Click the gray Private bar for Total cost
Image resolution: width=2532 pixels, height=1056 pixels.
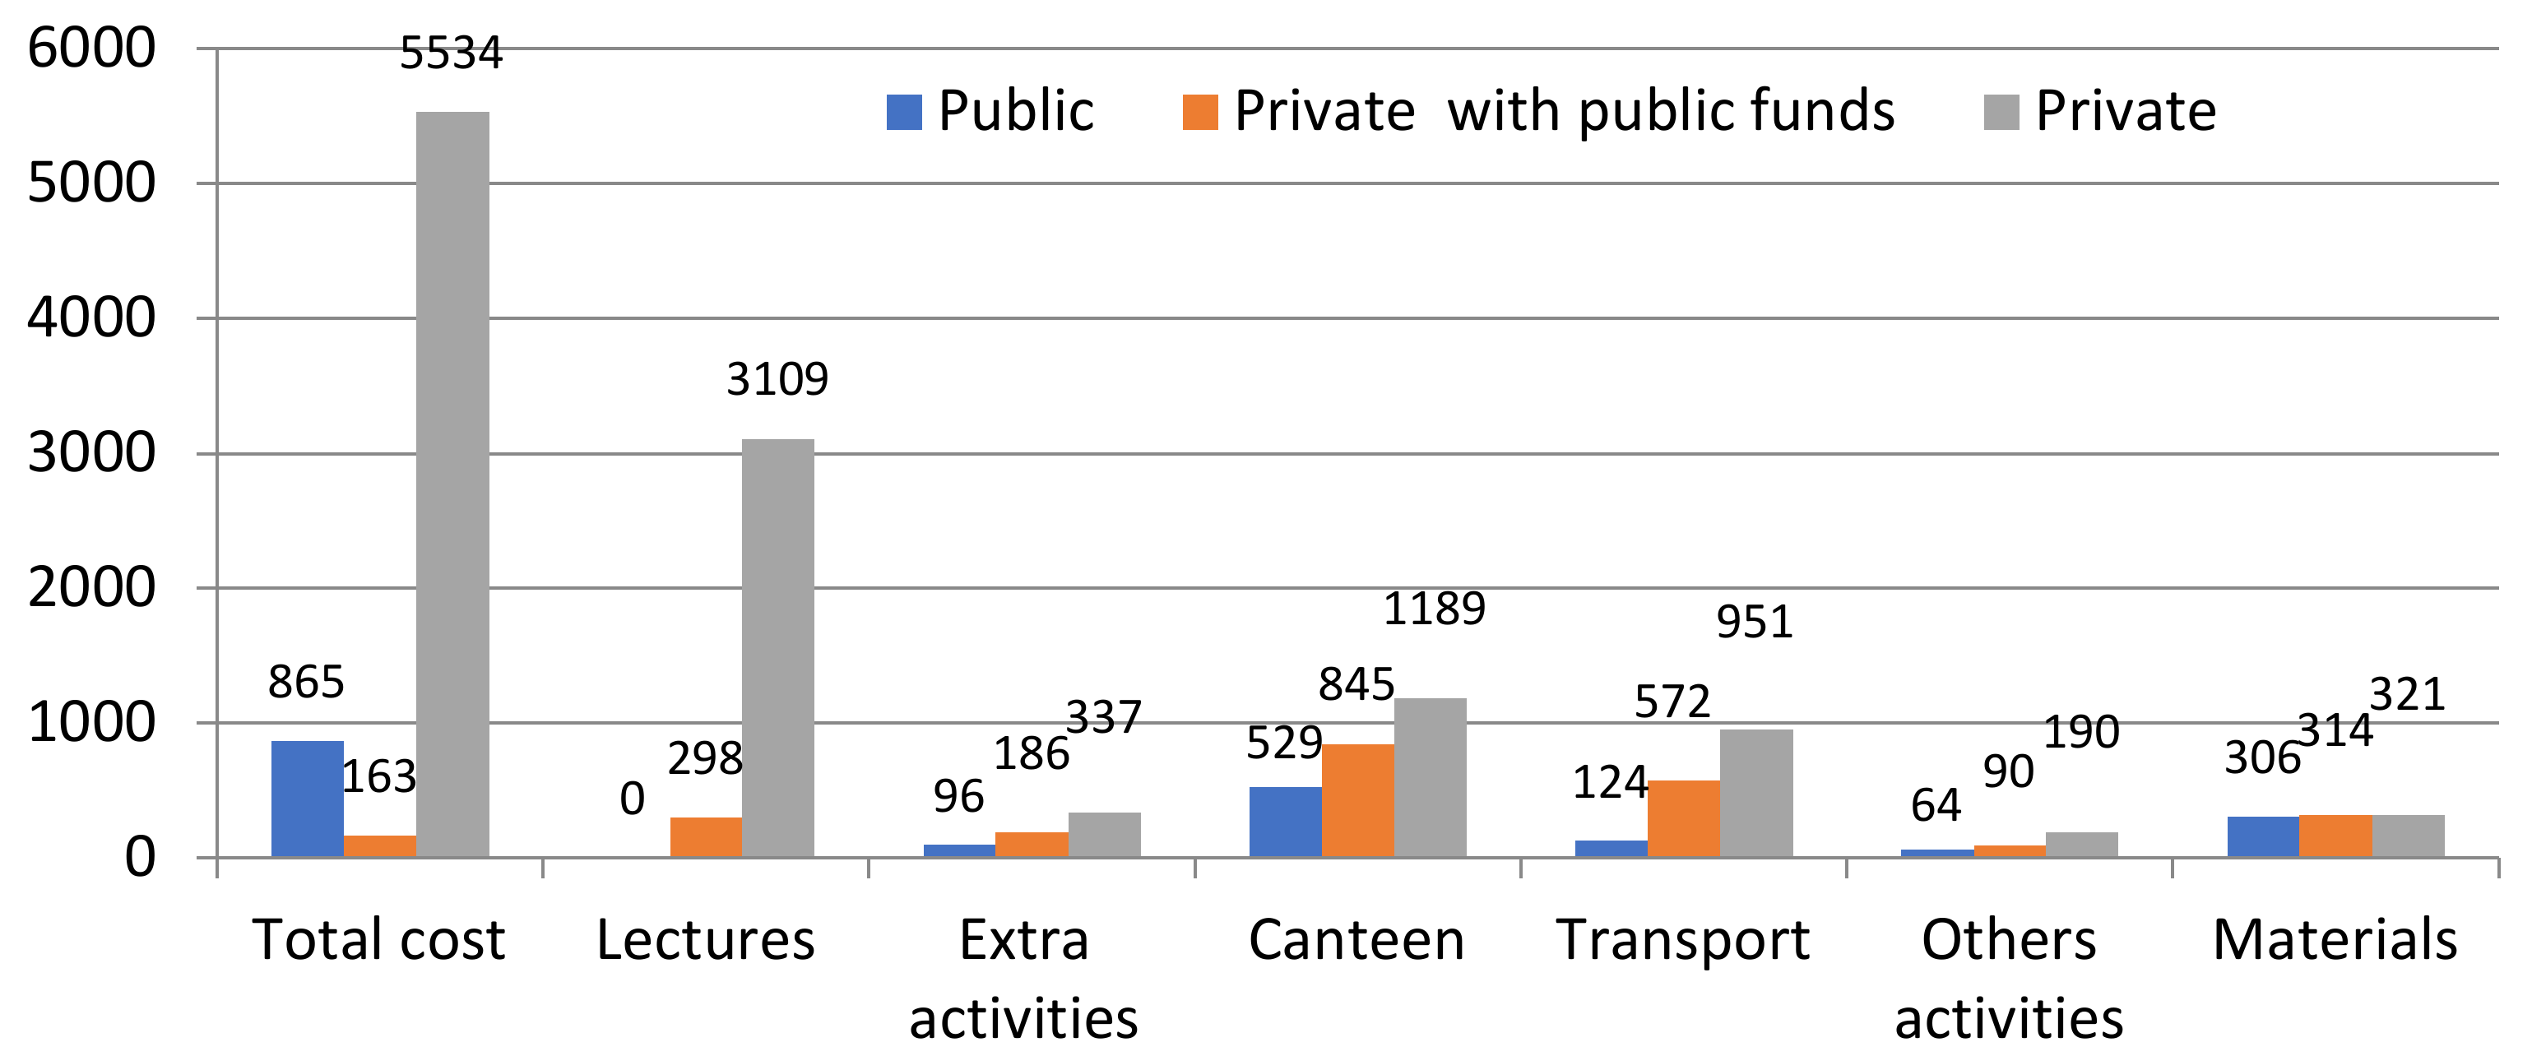452,484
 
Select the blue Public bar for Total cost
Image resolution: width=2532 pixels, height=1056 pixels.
307,798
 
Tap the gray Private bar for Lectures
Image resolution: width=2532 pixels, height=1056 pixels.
777,647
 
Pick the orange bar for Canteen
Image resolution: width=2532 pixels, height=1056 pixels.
1357,799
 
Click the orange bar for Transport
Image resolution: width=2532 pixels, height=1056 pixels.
1683,817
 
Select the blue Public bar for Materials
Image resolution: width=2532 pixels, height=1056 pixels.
2263,836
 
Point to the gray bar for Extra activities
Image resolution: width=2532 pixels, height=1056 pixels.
1104,834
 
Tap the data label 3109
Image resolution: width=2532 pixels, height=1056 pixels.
777,379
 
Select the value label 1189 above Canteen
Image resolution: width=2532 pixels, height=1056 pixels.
1434,609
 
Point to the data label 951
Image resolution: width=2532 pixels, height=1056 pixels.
1755,622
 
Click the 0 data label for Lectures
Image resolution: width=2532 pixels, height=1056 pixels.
632,799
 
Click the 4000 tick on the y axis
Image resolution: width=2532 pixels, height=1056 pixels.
90,318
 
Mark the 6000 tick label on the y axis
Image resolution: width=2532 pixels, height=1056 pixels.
90,49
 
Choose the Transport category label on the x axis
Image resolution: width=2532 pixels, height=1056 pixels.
1683,940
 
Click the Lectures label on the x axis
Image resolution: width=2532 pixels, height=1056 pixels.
705,940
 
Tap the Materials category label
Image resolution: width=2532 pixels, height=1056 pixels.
2335,940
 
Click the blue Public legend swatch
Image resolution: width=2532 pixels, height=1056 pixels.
904,112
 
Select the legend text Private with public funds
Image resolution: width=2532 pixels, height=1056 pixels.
1564,110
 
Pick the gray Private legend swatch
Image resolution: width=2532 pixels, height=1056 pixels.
2001,112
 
